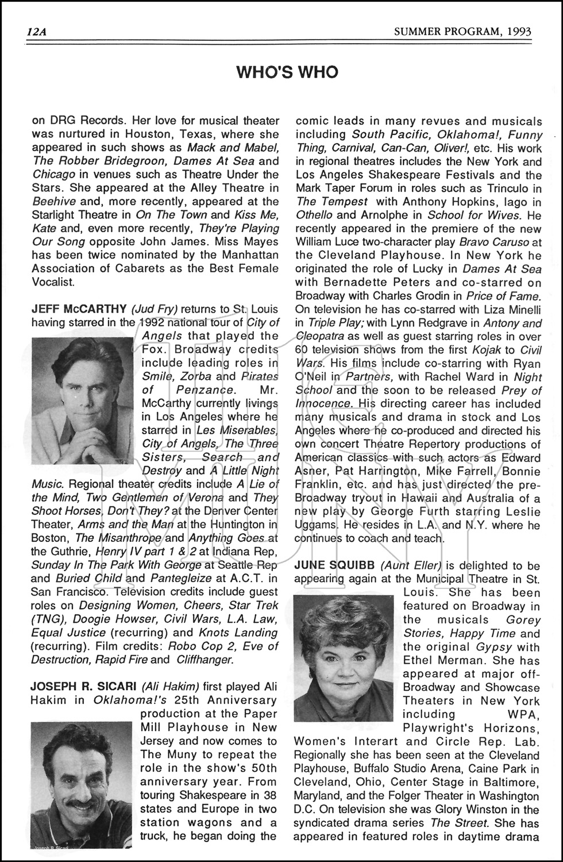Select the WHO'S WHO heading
(x=287, y=72)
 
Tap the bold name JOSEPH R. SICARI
(x=83, y=687)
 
